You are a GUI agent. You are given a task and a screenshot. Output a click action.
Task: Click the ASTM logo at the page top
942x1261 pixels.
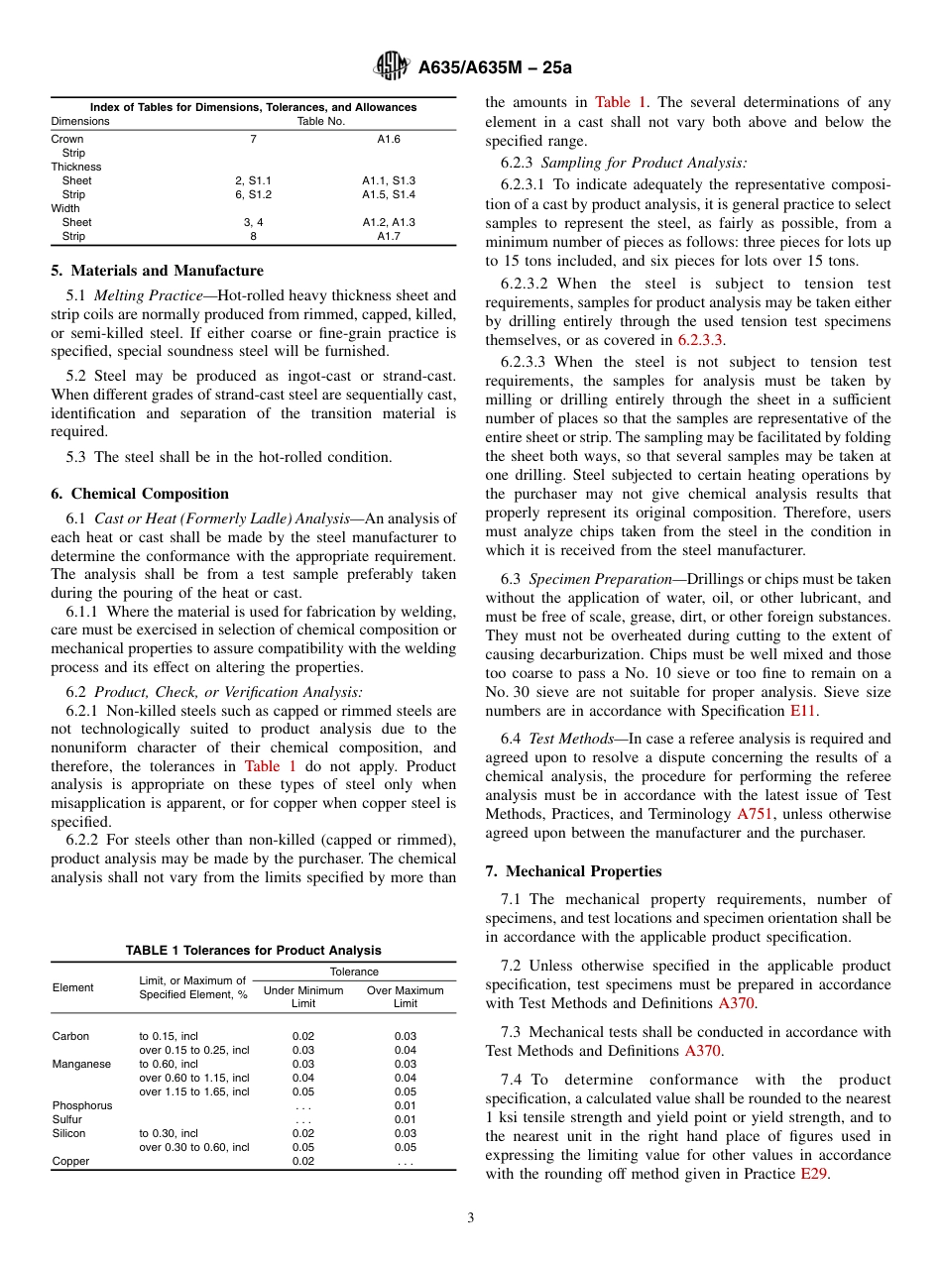click(x=391, y=66)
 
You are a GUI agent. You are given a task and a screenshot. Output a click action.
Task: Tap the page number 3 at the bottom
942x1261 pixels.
click(x=470, y=1218)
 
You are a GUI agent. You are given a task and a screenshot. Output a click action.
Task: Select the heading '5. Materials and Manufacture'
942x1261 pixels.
click(x=157, y=271)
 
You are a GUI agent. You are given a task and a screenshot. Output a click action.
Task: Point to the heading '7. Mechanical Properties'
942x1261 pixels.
click(x=573, y=871)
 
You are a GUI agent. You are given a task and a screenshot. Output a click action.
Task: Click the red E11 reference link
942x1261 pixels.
click(x=802, y=711)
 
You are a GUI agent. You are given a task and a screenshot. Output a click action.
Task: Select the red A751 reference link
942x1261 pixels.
click(x=754, y=814)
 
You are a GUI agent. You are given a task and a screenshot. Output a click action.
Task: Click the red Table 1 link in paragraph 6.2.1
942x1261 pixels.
click(x=262, y=766)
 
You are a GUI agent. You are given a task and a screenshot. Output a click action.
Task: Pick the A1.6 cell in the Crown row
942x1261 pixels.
click(x=388, y=139)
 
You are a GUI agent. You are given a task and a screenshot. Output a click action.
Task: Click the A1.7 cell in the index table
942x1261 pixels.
click(x=388, y=236)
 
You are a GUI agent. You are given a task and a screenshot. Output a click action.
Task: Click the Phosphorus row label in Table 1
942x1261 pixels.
click(x=82, y=1105)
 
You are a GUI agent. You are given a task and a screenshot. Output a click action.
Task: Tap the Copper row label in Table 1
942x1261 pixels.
click(x=70, y=1161)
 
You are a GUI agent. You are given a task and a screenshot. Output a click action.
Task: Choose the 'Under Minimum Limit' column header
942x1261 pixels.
click(x=303, y=996)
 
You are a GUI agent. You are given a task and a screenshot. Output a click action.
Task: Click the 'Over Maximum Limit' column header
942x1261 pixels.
click(x=406, y=996)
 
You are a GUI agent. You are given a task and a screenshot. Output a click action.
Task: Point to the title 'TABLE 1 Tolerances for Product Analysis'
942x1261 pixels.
click(x=253, y=950)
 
